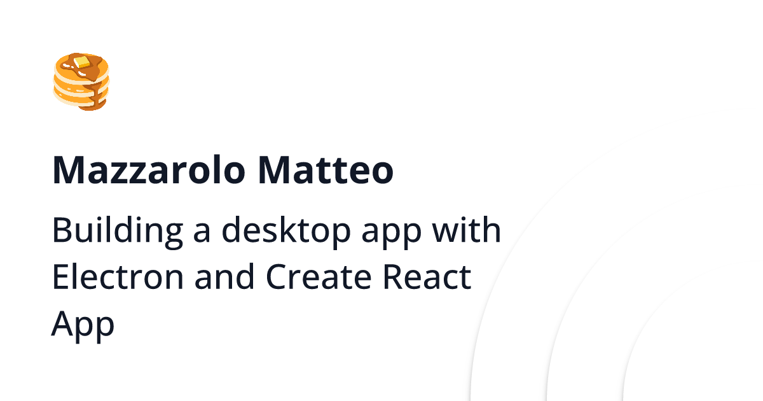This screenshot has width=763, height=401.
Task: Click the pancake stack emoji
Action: tap(81, 82)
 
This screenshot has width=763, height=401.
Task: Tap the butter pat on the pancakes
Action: tap(82, 62)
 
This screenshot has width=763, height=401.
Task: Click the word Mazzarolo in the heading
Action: tap(149, 170)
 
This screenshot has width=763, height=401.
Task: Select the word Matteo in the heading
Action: tap(326, 170)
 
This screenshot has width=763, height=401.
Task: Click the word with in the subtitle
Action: tap(467, 230)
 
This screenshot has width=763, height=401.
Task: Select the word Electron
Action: tap(118, 276)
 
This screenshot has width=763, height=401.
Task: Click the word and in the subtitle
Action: tap(224, 276)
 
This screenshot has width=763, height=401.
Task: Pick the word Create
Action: tap(319, 276)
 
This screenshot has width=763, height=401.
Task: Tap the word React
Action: tap(427, 276)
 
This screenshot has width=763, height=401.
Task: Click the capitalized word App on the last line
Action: tap(83, 327)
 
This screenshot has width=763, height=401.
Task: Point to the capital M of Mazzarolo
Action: tap(67, 170)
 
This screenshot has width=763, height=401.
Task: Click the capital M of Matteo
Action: tap(273, 170)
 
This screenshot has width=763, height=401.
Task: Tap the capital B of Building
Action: tap(63, 230)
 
